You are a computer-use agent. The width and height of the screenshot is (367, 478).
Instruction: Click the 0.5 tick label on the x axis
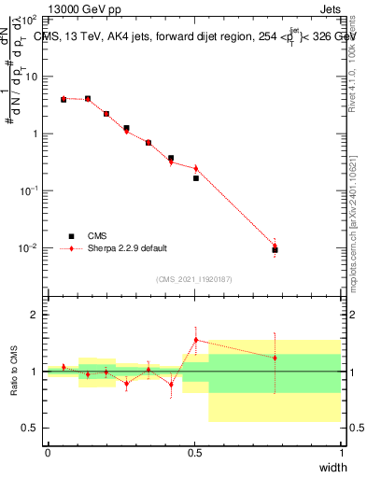coord(194,452)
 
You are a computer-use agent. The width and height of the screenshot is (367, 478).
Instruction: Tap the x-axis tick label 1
coord(341,452)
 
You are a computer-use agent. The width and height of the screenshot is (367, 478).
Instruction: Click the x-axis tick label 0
coord(48,452)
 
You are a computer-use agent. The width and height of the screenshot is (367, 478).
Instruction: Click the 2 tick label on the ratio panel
coord(36,315)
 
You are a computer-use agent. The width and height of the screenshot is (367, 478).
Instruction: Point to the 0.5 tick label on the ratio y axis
coord(33,428)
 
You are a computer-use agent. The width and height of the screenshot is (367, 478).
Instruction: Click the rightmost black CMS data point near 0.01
coord(275,250)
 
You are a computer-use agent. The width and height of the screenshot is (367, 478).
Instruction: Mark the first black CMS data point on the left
coord(64,99)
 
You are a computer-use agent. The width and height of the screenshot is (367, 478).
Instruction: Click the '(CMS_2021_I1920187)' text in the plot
coord(194,279)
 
